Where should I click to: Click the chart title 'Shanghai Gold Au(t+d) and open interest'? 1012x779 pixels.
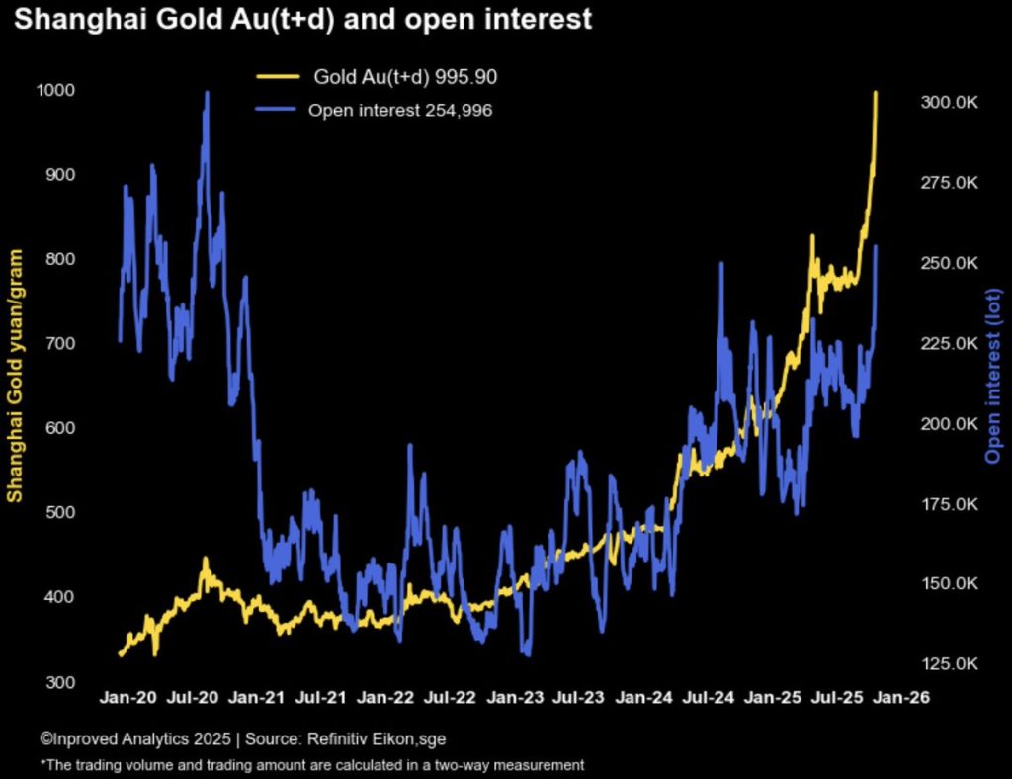(301, 20)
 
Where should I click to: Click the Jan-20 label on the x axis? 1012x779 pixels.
(128, 697)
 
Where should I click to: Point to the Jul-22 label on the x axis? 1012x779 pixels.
(450, 697)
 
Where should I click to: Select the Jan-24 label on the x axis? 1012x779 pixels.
(643, 697)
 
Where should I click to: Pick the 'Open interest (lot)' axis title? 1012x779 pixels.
(992, 376)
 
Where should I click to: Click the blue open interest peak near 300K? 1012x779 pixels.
(206, 93)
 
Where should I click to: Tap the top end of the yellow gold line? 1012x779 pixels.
(875, 93)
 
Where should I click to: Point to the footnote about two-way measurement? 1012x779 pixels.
(312, 764)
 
